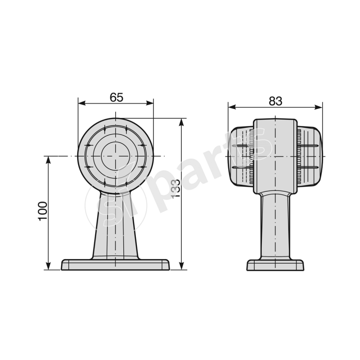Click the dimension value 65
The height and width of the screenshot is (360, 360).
point(116,97)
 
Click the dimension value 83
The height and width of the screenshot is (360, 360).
point(275,101)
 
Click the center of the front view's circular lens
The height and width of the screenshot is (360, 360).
point(116,156)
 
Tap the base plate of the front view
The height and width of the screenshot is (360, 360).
point(116,265)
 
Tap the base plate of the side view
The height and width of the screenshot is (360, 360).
point(275,265)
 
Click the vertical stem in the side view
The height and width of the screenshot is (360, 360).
point(275,225)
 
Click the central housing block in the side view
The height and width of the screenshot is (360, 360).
point(275,156)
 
